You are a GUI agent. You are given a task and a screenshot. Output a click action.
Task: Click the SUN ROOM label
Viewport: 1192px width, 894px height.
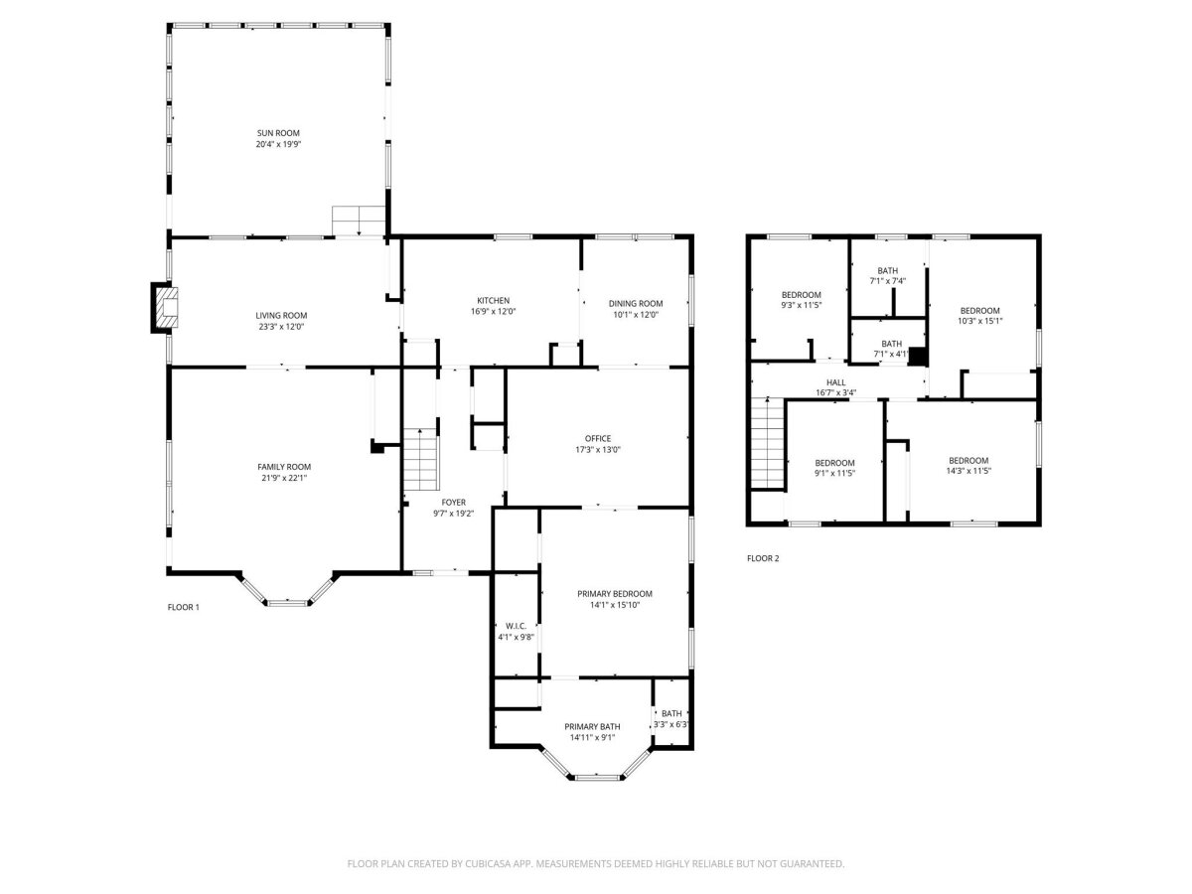[278, 133]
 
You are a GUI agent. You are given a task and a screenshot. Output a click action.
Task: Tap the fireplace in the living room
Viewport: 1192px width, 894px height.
[165, 307]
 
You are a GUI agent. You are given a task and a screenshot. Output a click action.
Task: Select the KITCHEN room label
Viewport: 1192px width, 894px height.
[493, 301]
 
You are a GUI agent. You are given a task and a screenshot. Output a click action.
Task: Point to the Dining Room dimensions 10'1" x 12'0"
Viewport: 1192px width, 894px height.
[636, 314]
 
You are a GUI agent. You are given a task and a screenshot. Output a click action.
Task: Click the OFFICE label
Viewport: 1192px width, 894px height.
[598, 439]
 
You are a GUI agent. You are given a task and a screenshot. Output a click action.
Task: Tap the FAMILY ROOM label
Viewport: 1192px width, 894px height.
[284, 467]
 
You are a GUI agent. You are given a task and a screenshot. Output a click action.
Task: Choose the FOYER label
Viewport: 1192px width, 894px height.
[453, 503]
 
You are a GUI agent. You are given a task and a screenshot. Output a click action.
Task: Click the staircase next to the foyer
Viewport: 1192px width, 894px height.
[421, 459]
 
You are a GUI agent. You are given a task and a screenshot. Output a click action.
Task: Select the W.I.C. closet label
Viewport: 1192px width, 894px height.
[516, 627]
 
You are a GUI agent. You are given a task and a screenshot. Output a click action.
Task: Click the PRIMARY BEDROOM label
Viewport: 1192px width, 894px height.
[615, 594]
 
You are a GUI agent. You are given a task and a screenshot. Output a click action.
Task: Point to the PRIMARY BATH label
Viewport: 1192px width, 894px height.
[592, 727]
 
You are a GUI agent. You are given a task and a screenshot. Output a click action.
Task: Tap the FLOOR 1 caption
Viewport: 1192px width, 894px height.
[184, 607]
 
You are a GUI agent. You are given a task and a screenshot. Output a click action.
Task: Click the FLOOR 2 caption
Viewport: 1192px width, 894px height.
[763, 558]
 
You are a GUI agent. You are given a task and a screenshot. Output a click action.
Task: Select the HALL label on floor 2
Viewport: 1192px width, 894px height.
[835, 382]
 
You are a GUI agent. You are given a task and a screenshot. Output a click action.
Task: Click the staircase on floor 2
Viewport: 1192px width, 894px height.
[768, 443]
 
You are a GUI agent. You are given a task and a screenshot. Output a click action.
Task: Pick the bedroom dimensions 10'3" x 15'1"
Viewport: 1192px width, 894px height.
[979, 321]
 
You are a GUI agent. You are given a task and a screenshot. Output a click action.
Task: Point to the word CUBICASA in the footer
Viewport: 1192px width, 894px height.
[488, 863]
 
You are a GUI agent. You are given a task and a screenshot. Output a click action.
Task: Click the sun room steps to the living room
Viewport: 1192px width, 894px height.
[359, 221]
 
